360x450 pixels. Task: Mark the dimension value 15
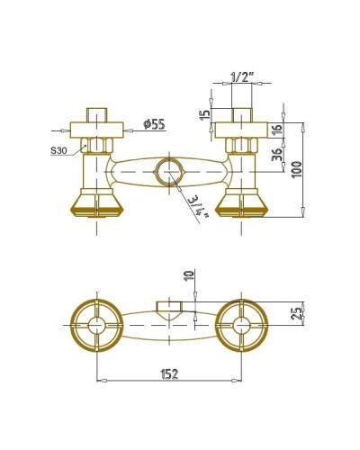[206, 115]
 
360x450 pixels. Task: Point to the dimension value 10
[189, 279]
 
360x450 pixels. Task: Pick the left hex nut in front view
[95, 144]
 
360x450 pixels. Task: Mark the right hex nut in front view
[240, 144]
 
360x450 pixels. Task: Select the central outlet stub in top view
[168, 307]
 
